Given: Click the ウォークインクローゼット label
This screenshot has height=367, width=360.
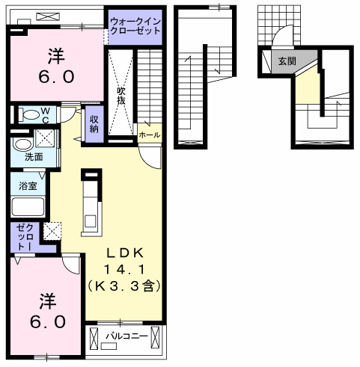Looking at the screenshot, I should tap(135, 29).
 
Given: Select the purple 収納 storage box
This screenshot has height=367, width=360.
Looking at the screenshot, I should tap(94, 123).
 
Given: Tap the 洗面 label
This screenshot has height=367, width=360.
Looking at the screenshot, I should tap(33, 157).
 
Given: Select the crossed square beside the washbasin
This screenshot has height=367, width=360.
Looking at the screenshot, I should tap(44, 139).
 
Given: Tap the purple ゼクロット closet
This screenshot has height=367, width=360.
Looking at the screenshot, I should tap(21, 237).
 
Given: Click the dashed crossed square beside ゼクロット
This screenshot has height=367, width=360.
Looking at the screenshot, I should tap(52, 232).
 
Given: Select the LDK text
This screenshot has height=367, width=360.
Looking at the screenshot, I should tap(123, 252).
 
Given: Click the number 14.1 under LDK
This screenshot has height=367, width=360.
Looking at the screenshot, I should tap(123, 269).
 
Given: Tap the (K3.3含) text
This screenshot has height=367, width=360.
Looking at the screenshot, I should tap(124, 286).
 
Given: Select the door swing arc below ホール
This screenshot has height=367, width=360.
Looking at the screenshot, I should tap(152, 155).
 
